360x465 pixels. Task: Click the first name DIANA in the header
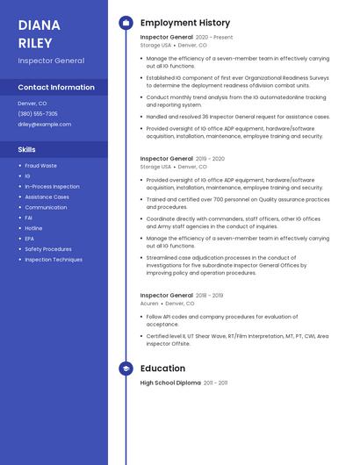coord(39,25)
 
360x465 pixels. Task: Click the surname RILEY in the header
coord(35,42)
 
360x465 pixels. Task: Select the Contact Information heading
coord(56,87)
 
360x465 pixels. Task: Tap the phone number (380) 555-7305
coord(38,113)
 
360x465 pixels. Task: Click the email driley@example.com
coord(44,124)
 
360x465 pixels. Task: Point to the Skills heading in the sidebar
coord(26,149)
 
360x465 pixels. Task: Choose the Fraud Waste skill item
coord(40,165)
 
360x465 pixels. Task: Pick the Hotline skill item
coord(33,228)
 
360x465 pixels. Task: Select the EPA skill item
coord(30,239)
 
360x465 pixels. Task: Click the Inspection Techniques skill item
coord(54,260)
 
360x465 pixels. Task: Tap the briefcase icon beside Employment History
coord(126,23)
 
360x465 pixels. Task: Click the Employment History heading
coord(185,23)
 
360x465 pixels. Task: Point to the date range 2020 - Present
coord(214,38)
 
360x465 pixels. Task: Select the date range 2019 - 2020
coord(210,159)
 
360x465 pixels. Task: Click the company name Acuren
coord(150,303)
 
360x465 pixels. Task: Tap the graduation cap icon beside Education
coord(126,368)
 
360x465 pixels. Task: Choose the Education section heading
coord(162,368)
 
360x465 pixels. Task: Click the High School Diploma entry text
coord(170,383)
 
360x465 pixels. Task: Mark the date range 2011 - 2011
coord(215,383)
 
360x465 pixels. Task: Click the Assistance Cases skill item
coord(47,197)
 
